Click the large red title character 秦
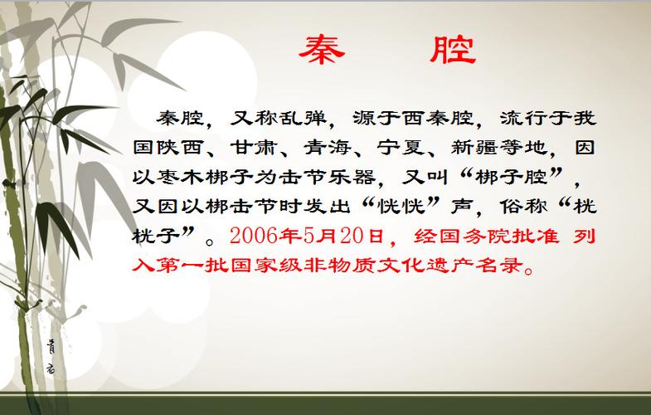[322, 50]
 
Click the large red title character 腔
[453, 50]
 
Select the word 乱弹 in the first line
[302, 118]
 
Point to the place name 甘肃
[253, 148]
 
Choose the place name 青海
[328, 148]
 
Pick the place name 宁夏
[401, 148]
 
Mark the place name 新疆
[474, 148]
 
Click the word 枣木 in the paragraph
[179, 177]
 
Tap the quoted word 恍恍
[401, 207]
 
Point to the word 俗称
[523, 207]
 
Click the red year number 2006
[253, 236]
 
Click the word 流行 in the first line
[523, 118]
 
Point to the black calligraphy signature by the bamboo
[51, 356]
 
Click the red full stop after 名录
[529, 271]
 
